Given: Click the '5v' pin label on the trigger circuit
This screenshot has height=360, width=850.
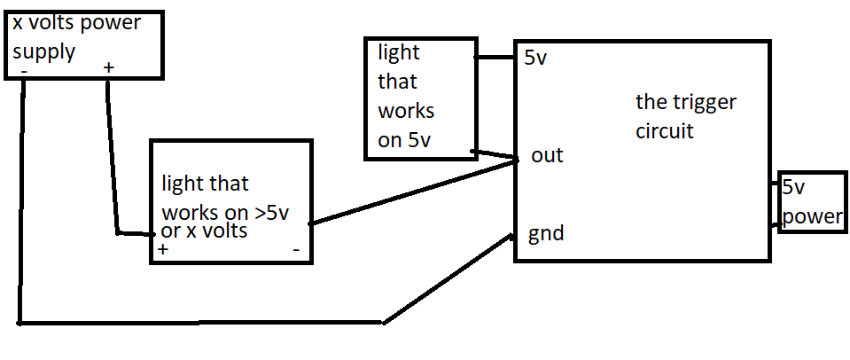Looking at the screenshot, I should tap(535, 59).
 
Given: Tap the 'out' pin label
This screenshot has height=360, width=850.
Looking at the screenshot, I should tap(547, 155).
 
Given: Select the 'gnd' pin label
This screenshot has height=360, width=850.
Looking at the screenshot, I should tap(546, 234).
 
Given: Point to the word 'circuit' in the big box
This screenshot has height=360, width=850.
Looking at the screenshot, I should tap(665, 130).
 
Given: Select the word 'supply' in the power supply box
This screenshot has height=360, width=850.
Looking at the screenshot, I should tap(43, 53).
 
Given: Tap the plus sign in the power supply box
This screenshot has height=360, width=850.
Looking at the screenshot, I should tap(109, 68).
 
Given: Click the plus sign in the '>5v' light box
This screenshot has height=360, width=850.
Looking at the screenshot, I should tap(163, 250).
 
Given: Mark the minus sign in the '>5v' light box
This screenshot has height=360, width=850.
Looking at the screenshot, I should tap(296, 250).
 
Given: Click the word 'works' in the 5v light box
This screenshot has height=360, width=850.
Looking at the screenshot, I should tap(407, 111).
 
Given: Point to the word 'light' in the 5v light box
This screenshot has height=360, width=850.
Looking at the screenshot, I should tap(399, 52).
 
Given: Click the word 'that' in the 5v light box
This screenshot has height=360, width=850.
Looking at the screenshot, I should tap(397, 82).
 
